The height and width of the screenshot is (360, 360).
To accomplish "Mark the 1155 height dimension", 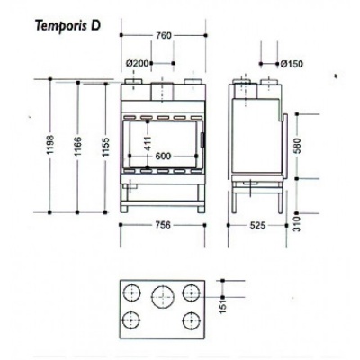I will (x=104, y=148).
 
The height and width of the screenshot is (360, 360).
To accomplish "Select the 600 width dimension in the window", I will (x=163, y=157).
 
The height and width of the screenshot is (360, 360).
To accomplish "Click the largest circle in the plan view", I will (x=163, y=295).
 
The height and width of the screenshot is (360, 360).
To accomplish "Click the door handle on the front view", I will (x=202, y=141).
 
